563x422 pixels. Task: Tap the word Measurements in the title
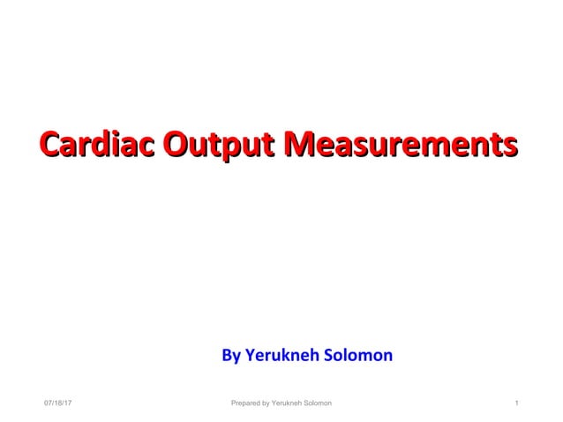(404, 144)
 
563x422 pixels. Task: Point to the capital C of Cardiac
(52, 144)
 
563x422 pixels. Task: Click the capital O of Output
(178, 144)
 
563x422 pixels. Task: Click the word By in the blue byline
(230, 357)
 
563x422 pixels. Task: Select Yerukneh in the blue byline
(283, 356)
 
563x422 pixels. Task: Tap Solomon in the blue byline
(359, 356)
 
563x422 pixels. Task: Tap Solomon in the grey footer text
(319, 403)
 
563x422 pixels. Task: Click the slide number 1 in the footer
(515, 403)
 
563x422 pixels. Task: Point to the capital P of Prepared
(233, 403)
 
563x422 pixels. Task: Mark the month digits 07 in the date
(49, 403)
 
